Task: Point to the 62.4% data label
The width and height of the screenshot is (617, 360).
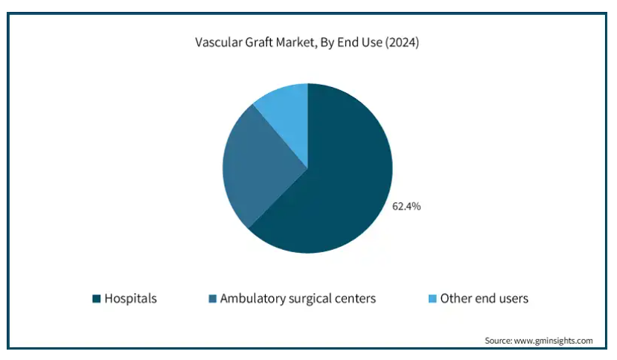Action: [x=406, y=206]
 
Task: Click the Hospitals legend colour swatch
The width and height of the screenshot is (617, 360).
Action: [x=97, y=299]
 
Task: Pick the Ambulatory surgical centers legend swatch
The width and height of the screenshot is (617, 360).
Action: [x=212, y=299]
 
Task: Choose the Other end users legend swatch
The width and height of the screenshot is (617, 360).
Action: [x=432, y=299]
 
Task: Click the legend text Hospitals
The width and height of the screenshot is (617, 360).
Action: [x=131, y=298]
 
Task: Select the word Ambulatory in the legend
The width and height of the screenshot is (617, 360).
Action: [x=252, y=298]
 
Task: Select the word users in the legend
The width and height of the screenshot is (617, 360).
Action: [x=513, y=299]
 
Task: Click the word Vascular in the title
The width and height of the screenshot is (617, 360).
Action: [x=218, y=42]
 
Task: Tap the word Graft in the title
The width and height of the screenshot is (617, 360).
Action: [x=259, y=42]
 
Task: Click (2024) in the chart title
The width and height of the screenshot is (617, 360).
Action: [x=402, y=42]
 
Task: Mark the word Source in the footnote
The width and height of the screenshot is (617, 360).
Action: [x=498, y=341]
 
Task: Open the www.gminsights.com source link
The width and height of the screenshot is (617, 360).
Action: [x=553, y=341]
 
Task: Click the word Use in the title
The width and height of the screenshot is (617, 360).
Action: [x=372, y=42]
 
